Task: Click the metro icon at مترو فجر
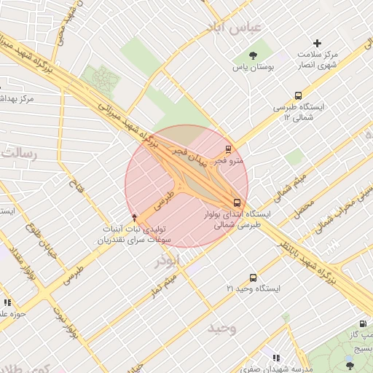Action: [229, 149]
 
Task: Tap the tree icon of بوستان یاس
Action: [253, 55]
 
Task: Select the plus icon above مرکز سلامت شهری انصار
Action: [318, 44]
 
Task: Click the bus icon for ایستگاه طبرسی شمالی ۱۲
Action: [298, 95]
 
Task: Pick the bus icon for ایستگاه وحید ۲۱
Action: [253, 278]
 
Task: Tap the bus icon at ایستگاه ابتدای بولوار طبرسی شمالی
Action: [236, 203]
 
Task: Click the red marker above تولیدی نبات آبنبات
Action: [134, 216]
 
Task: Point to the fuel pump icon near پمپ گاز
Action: [362, 324]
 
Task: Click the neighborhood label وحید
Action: [222, 327]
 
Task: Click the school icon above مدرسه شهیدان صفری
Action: [276, 358]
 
